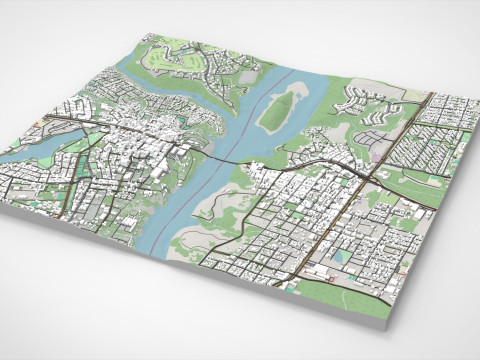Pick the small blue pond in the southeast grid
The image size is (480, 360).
(x=342, y=256)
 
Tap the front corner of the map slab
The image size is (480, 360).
(x=389, y=323)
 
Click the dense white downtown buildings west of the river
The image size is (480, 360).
(x=140, y=150)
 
